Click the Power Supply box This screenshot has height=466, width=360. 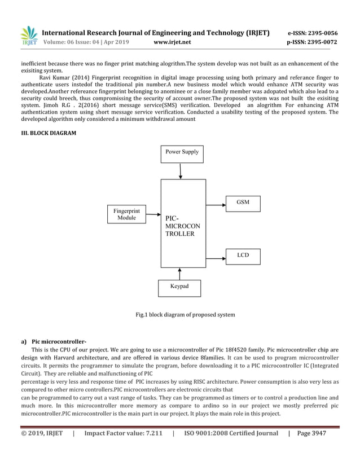tap(182, 152)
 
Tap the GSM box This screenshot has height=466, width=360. tap(243, 202)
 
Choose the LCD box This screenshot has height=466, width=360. tap(243, 256)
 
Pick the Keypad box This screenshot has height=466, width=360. tap(179, 287)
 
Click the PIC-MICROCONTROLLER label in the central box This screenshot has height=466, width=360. tap(179, 226)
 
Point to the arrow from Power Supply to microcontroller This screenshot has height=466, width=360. tap(180, 170)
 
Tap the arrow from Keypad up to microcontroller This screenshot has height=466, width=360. tap(179, 274)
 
